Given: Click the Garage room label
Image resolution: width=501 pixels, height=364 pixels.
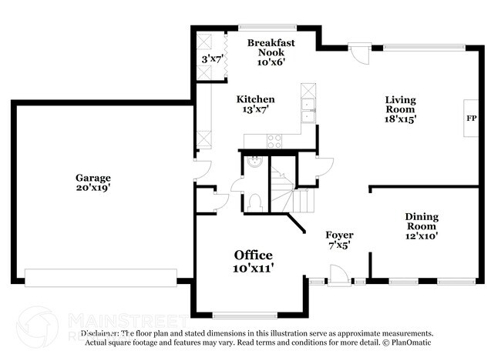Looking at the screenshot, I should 92,177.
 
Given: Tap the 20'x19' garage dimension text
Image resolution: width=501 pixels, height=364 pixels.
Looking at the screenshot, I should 92,187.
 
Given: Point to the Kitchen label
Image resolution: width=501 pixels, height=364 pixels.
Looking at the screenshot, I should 255,99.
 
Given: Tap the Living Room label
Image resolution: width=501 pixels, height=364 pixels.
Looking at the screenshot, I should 401,105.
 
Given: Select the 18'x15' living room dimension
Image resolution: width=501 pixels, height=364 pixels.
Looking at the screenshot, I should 401,119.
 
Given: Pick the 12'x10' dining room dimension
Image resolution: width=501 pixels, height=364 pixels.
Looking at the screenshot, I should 422,236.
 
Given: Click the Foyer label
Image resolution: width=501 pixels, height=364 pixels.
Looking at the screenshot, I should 339,235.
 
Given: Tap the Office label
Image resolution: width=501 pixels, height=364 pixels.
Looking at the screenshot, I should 254,255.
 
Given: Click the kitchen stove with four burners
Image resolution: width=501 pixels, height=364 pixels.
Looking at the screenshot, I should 274,141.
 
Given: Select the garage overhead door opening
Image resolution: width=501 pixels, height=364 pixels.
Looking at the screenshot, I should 100,278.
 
